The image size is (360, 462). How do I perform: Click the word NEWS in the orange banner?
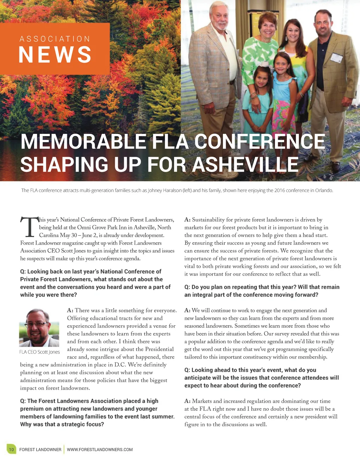(x=55, y=55)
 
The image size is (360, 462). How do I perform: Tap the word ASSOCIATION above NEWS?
(x=55, y=39)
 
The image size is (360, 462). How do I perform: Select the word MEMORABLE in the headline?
(x=83, y=141)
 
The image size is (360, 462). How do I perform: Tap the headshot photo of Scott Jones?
(x=39, y=328)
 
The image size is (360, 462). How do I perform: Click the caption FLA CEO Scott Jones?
(x=39, y=352)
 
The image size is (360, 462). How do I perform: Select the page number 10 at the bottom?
(x=11, y=449)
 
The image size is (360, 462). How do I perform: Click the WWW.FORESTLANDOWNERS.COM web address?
(x=100, y=449)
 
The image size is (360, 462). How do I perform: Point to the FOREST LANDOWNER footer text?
(x=40, y=449)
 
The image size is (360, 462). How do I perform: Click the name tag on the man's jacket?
(x=336, y=57)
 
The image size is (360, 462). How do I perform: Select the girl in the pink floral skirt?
(x=282, y=102)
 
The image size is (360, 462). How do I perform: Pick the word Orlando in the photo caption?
(x=323, y=191)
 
